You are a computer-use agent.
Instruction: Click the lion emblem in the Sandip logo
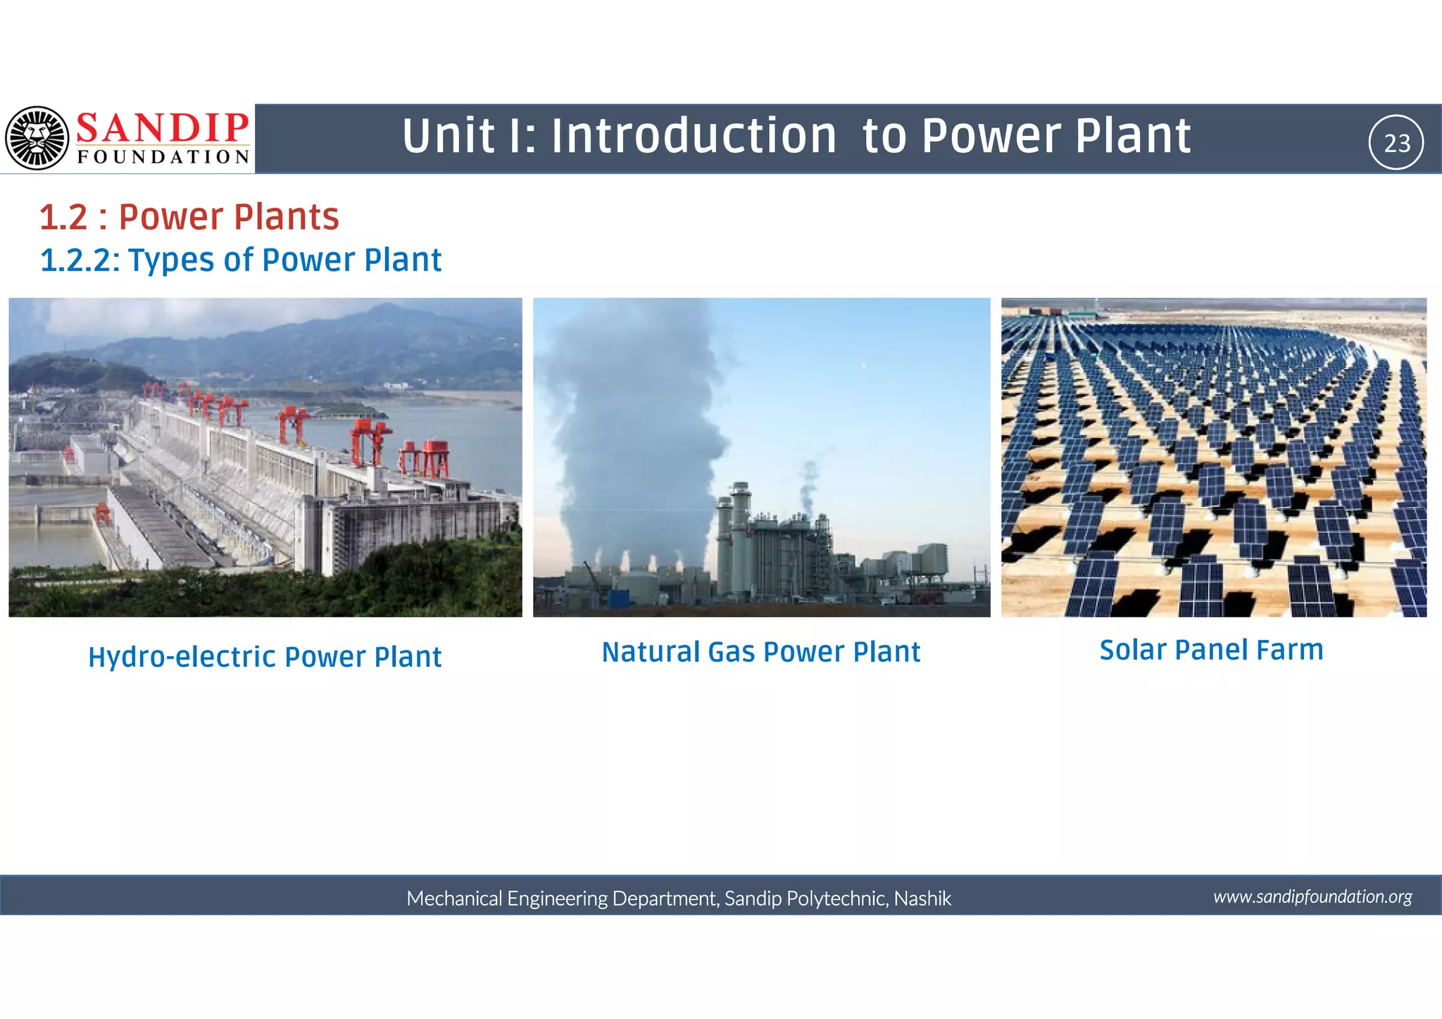point(37,138)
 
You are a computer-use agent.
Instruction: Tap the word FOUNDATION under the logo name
point(163,157)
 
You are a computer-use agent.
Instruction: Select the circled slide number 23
point(1396,143)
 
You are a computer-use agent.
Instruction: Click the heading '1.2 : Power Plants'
point(189,217)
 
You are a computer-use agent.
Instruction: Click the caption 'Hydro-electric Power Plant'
point(265,657)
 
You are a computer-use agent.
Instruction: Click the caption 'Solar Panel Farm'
point(1211,650)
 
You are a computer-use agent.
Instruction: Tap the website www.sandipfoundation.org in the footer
point(1312,896)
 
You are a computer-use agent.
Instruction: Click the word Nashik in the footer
point(922,899)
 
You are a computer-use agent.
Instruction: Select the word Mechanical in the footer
point(454,899)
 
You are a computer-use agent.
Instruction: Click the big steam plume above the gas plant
point(634,423)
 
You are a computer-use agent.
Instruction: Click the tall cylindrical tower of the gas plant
point(740,535)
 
